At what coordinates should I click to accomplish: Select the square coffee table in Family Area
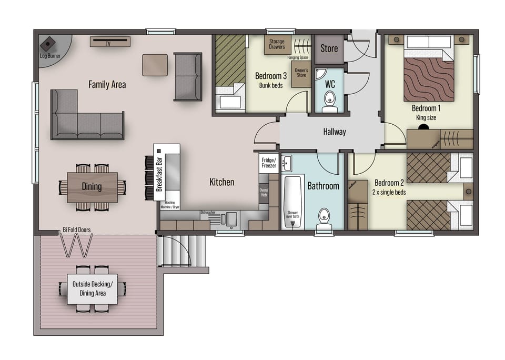155,65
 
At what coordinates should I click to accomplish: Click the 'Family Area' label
107,84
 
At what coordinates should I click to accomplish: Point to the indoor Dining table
92,187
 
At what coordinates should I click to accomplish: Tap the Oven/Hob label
264,193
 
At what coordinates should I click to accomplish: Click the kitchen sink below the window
229,218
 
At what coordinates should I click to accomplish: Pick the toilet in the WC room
330,99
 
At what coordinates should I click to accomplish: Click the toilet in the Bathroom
324,216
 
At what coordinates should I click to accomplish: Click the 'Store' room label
329,48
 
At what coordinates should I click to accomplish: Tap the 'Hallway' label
335,132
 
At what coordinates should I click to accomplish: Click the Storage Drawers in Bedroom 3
277,44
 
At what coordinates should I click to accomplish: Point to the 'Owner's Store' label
301,73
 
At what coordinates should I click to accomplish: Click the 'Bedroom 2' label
389,183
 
